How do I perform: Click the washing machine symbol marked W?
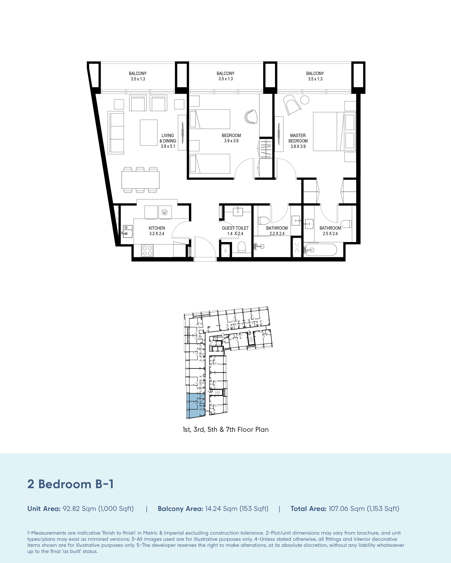click(165, 212)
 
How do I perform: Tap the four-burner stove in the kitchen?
click(147, 250)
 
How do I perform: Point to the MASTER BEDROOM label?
click(298, 141)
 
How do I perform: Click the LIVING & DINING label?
click(168, 141)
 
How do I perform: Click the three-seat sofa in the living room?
click(116, 132)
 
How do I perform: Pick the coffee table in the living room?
click(149, 132)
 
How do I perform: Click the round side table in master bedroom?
click(304, 100)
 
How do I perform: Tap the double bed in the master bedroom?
click(334, 131)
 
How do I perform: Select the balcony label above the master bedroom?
click(315, 76)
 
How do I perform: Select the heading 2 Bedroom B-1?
click(70, 484)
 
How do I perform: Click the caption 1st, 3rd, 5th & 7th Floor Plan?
click(226, 430)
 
